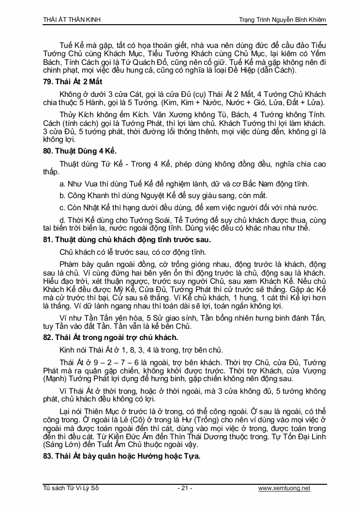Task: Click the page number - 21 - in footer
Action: point(185,488)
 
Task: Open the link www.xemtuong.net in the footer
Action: point(284,488)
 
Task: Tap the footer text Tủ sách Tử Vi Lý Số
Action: point(71,488)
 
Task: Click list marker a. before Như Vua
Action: point(62,184)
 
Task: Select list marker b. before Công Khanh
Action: point(62,196)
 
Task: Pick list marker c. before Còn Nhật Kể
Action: point(62,208)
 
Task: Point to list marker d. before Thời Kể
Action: point(62,220)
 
